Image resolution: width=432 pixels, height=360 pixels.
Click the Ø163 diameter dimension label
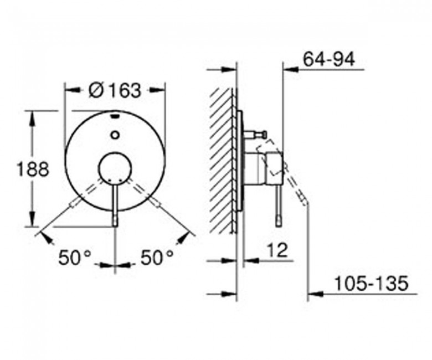click(x=115, y=90)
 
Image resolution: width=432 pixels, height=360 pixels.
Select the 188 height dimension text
click(x=33, y=169)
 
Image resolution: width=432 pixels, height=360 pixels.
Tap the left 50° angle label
click(x=74, y=258)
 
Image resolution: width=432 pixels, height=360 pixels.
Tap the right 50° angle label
click(x=157, y=258)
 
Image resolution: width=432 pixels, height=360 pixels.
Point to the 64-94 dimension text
click(x=328, y=59)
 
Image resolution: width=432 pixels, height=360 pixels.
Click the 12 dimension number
click(x=277, y=250)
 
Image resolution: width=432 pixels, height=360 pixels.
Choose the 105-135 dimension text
click(x=371, y=283)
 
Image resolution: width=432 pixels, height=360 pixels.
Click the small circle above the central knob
click(x=115, y=135)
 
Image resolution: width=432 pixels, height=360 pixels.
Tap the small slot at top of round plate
click(x=115, y=117)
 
